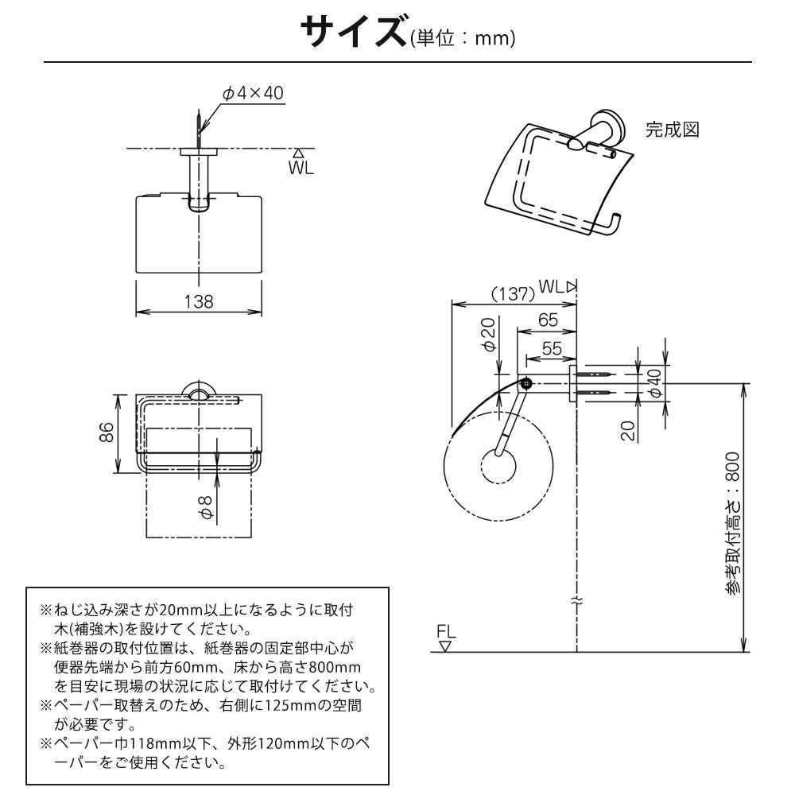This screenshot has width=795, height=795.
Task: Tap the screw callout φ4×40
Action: click(253, 94)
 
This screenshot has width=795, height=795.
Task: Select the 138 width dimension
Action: click(198, 301)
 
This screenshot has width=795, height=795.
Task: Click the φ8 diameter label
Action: click(205, 508)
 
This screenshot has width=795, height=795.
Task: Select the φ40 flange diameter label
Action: click(654, 382)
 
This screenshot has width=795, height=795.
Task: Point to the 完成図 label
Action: click(672, 130)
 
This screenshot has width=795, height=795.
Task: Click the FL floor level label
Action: click(447, 632)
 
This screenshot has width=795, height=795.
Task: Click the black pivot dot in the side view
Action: click(525, 384)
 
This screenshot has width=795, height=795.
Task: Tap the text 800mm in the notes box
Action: click(332, 665)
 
